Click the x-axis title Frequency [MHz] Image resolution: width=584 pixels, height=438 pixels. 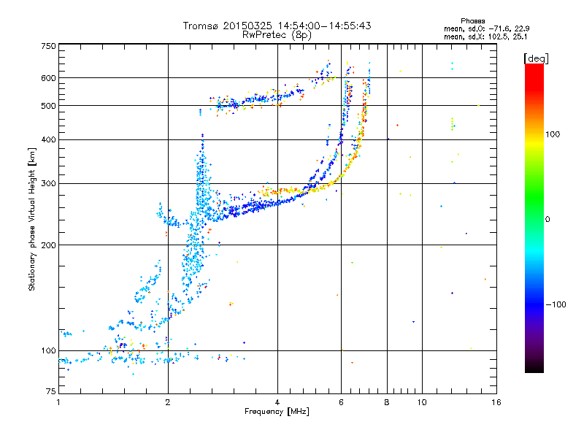point(277,412)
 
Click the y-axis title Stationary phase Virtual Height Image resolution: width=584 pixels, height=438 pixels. point(32,219)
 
